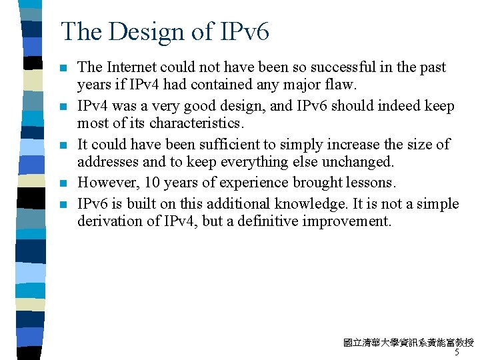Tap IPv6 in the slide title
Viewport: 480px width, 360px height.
(244, 31)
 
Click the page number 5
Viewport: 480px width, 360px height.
(457, 353)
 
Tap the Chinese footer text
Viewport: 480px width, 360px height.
(408, 343)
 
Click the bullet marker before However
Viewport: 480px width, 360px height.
(63, 183)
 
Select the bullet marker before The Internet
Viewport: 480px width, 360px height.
(63, 68)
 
